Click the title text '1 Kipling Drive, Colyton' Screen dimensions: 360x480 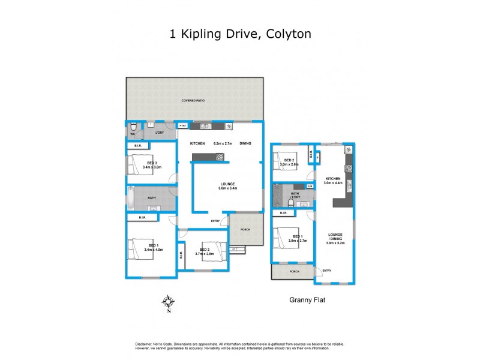(x=240, y=34)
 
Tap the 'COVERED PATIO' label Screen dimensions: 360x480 (x=193, y=101)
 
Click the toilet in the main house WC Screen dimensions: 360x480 (x=136, y=127)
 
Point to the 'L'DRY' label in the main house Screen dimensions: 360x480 (x=160, y=133)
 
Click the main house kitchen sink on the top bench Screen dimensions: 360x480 (x=205, y=126)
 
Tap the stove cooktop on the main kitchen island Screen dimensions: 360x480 (x=220, y=158)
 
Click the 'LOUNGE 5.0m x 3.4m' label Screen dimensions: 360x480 (x=227, y=186)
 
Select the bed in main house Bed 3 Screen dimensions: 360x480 (x=136, y=164)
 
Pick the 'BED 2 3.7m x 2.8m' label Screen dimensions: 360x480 (x=205, y=251)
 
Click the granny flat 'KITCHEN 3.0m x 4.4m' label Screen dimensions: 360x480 (x=333, y=181)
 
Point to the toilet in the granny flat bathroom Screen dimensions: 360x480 (x=290, y=203)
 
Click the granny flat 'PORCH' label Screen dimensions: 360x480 (x=294, y=271)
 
